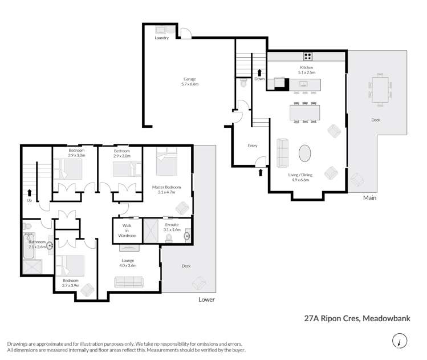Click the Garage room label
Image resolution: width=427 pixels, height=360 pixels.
point(190,81)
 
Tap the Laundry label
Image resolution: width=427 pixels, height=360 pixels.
point(161,38)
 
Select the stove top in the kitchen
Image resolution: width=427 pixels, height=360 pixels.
point(308,56)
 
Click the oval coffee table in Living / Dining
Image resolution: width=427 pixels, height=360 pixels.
point(306,153)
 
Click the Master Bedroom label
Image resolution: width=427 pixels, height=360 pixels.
point(167,190)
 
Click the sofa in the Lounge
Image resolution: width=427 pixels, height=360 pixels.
point(129,282)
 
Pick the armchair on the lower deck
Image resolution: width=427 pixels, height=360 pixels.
point(200,282)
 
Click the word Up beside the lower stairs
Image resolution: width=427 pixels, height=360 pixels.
point(29,200)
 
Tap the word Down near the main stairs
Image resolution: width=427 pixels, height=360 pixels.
point(259,79)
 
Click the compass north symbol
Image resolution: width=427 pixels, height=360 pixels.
point(399,342)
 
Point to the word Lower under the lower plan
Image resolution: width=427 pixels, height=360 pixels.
point(206,299)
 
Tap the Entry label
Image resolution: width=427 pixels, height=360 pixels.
point(253,145)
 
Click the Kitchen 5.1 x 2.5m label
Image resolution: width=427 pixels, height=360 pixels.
point(306,70)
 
